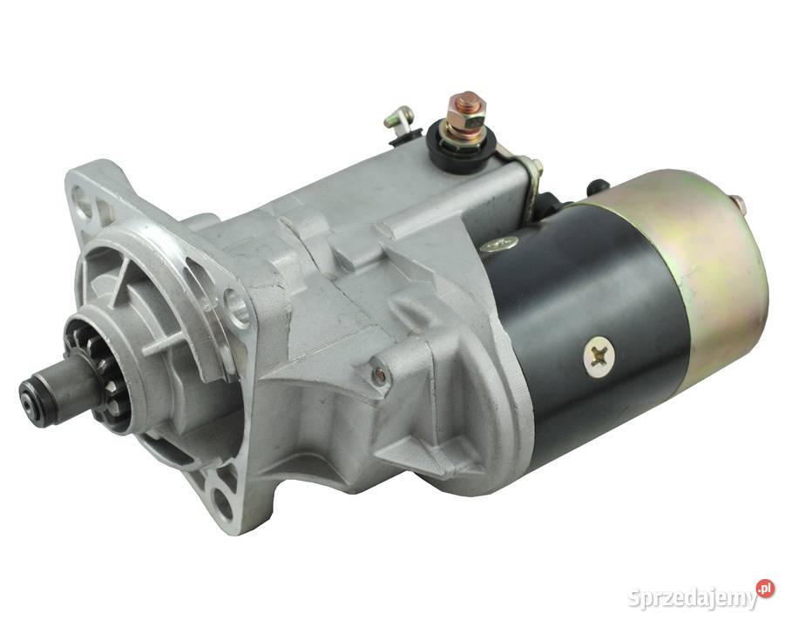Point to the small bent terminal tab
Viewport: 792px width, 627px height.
pos(398,119)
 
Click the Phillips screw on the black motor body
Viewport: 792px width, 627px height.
pos(599,356)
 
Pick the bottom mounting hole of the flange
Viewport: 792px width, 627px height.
pos(222,499)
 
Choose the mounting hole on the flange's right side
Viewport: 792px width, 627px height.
pos(238,305)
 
